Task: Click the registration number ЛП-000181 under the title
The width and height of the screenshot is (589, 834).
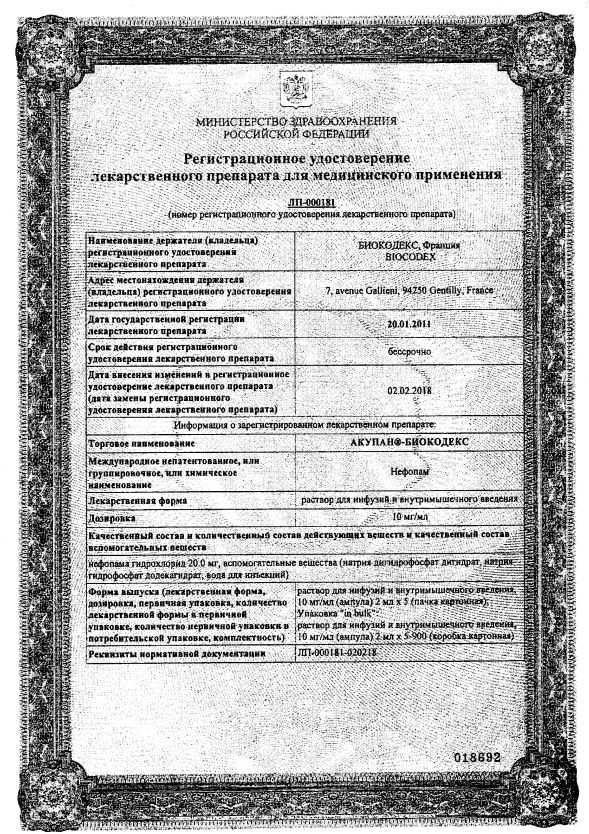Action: tap(294, 204)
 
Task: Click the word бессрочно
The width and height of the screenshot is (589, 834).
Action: tap(406, 351)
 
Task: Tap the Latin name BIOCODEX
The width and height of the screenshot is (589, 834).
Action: tap(406, 255)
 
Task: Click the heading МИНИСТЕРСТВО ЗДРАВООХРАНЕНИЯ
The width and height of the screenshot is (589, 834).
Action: tap(294, 121)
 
